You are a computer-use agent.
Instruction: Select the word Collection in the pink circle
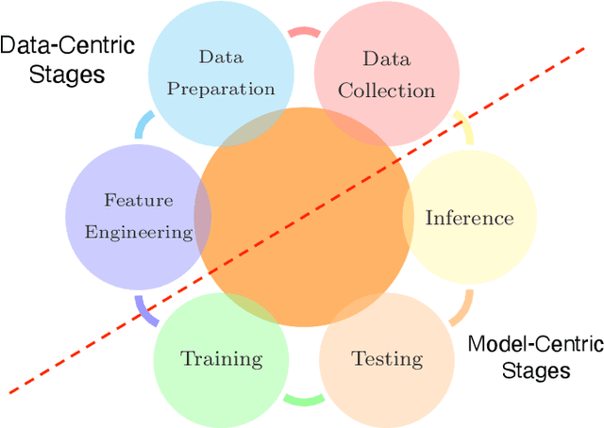(x=387, y=91)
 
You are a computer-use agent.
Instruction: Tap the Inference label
(x=469, y=218)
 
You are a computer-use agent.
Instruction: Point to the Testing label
(x=387, y=358)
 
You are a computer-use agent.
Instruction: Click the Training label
(x=222, y=358)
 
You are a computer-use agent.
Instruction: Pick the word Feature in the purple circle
(x=138, y=200)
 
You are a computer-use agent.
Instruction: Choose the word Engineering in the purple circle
(x=138, y=232)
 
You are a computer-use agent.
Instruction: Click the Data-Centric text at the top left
(x=67, y=45)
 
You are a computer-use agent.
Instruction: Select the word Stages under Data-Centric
(x=53, y=74)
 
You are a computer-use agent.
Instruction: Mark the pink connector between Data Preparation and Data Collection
(x=304, y=32)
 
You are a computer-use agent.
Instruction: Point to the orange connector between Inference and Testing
(x=461, y=306)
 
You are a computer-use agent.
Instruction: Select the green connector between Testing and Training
(x=304, y=401)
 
